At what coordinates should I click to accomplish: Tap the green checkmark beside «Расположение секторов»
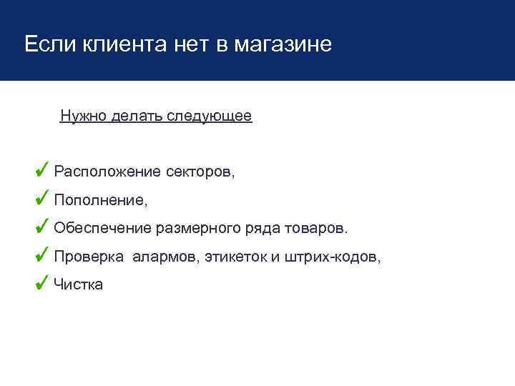(42, 169)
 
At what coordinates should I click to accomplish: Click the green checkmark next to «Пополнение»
(42, 198)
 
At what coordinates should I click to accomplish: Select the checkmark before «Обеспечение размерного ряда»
(42, 227)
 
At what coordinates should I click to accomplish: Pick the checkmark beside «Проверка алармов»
(42, 255)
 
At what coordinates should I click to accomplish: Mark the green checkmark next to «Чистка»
(42, 283)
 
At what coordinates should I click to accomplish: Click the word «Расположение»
(107, 172)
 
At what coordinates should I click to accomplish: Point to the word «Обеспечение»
(102, 229)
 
